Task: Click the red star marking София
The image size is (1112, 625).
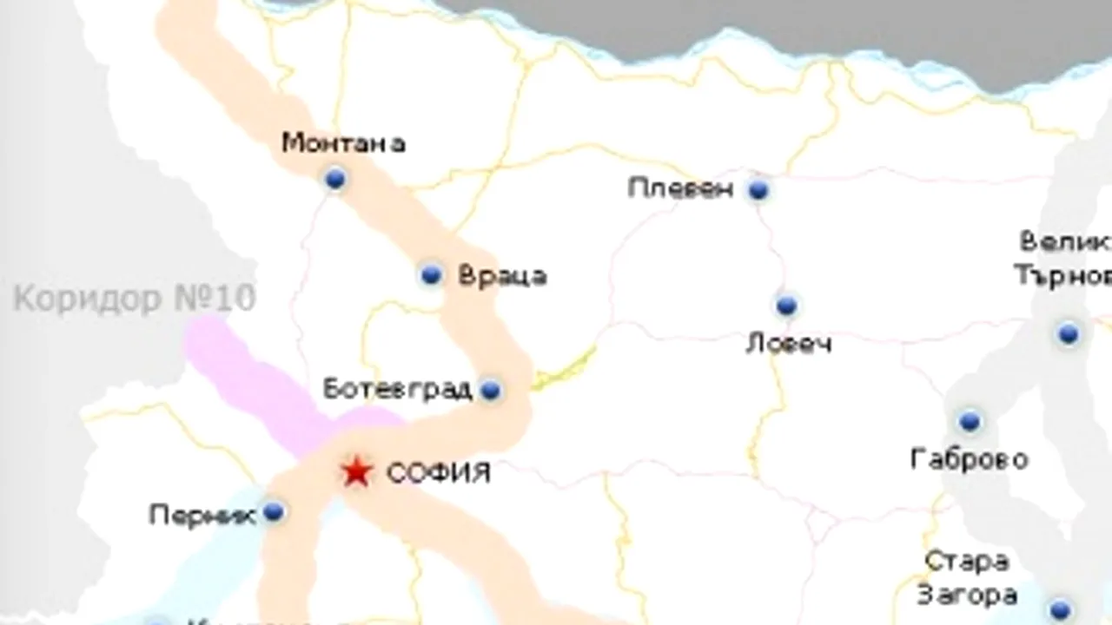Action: [355, 473]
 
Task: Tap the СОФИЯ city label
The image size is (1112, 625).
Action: [439, 474]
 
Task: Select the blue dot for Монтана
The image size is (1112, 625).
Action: [334, 179]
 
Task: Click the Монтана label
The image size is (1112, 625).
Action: [344, 142]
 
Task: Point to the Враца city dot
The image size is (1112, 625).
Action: [431, 275]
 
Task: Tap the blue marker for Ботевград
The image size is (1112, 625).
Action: [491, 390]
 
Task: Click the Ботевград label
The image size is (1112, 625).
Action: [398, 389]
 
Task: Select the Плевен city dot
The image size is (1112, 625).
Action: [758, 189]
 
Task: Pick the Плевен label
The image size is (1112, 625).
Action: [681, 188]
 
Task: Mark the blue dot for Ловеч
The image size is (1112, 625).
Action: [786, 306]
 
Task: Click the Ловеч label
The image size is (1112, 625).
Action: [789, 344]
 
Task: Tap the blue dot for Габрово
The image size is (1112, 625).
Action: [970, 422]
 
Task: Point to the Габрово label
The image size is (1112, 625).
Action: [970, 458]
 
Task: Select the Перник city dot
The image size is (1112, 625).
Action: [274, 512]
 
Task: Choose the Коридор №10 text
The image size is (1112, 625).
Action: [135, 299]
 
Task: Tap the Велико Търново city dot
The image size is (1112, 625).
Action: [1068, 333]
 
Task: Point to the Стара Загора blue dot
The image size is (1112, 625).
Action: [1059, 609]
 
